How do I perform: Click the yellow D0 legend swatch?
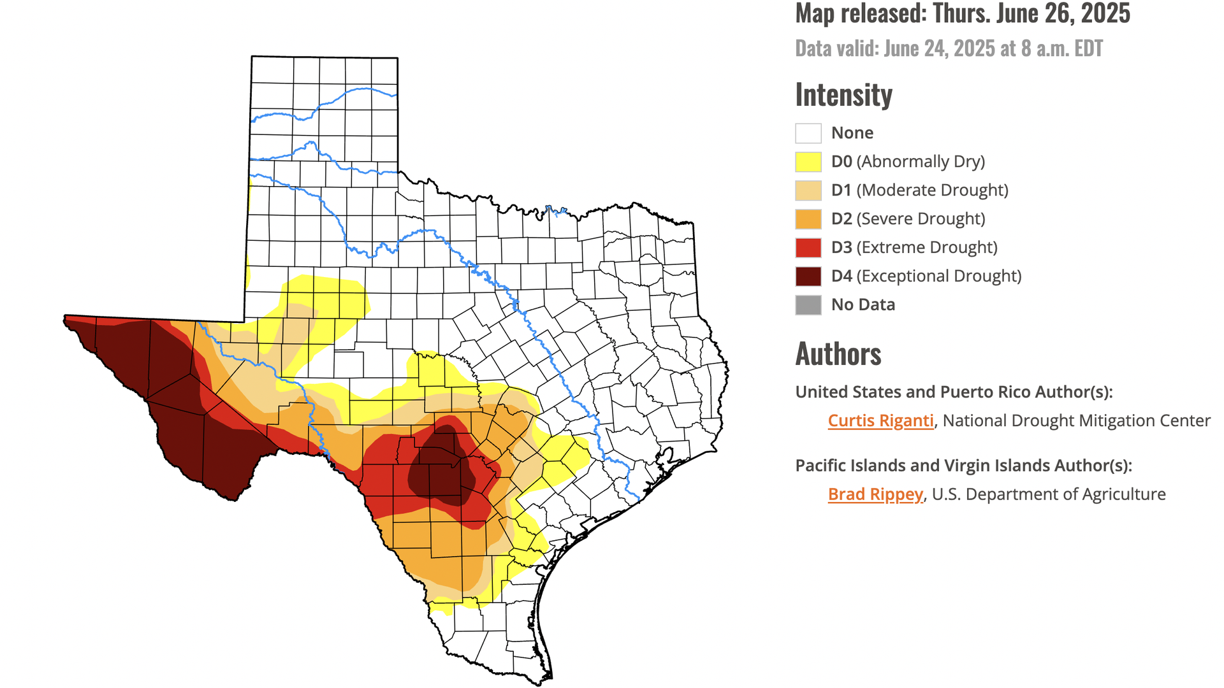coord(808,162)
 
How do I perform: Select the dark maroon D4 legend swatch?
coord(808,276)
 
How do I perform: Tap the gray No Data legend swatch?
coord(808,305)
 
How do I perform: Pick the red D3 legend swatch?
coord(808,248)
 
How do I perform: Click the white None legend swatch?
coord(808,133)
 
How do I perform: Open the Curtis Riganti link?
coord(880,421)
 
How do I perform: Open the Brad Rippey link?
coord(875,494)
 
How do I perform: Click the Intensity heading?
coord(843,96)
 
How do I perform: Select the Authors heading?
coord(838,354)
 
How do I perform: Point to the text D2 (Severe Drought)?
coord(908,219)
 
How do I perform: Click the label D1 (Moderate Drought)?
coord(919,190)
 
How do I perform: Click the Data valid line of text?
coord(949,49)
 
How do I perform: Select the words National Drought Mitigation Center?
coord(1076,421)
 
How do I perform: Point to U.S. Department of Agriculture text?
coord(1049,494)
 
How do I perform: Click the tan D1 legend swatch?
coord(808,190)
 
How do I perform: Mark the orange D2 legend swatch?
coord(808,219)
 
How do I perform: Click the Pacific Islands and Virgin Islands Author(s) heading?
coord(963,466)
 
